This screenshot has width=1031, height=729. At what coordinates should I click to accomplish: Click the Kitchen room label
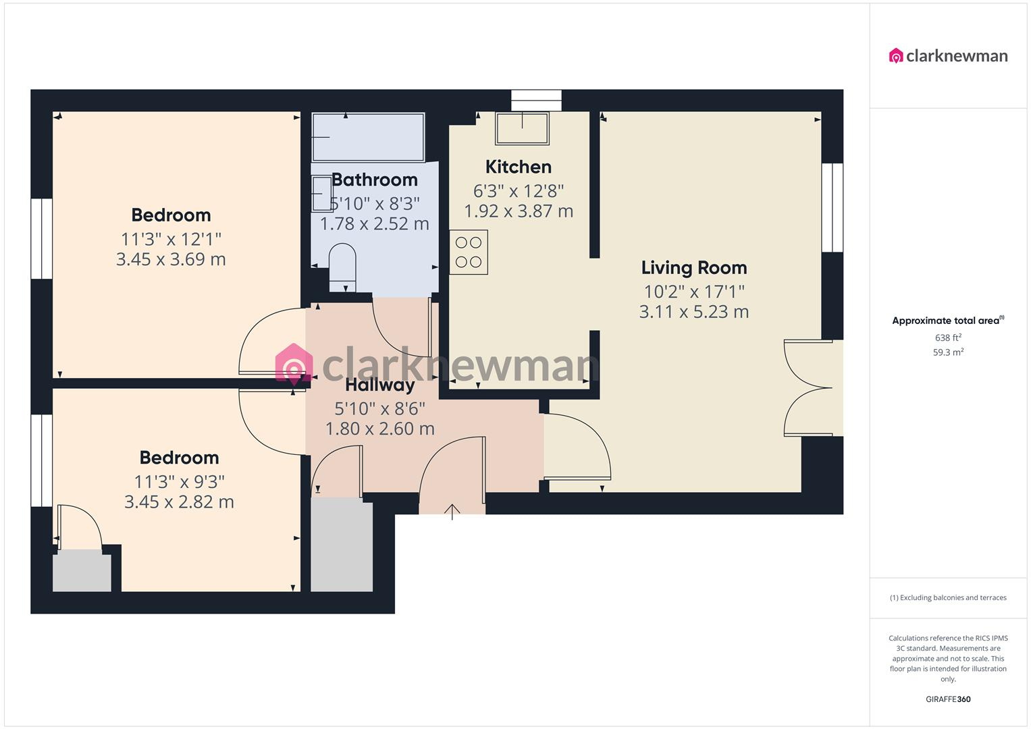[518, 167]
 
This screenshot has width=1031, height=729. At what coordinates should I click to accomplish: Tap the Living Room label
[693, 268]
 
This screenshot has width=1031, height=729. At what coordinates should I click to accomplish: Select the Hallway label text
[379, 385]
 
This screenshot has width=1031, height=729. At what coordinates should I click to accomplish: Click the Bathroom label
[375, 180]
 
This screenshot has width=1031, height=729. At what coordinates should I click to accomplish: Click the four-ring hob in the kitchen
[469, 252]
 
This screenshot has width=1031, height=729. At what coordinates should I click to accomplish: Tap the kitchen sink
[522, 128]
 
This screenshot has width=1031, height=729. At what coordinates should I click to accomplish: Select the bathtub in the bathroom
[368, 137]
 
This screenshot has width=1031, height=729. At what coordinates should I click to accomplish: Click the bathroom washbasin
[321, 194]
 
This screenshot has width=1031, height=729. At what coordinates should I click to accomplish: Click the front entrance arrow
[452, 511]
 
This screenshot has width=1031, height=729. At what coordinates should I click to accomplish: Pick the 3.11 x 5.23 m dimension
[693, 312]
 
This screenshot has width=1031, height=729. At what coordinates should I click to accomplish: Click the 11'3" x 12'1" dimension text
[171, 239]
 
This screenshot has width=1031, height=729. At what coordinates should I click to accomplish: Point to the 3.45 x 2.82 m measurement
[179, 502]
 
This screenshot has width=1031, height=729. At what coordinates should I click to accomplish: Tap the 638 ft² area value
[948, 337]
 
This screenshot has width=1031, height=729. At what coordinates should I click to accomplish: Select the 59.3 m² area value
[948, 352]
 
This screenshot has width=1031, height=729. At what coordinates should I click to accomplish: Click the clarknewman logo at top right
[948, 55]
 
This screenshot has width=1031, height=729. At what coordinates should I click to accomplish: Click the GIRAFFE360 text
[948, 699]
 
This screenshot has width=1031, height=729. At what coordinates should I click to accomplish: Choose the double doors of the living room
[810, 387]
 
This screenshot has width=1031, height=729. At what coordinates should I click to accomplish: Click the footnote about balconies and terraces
[948, 597]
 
